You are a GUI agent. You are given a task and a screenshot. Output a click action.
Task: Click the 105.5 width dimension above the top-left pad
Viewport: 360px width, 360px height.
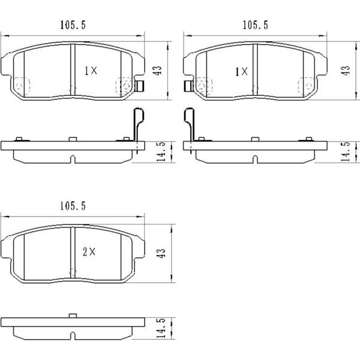point(73,25)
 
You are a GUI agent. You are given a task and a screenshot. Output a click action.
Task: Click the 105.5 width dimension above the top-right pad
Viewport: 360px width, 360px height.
point(256,25)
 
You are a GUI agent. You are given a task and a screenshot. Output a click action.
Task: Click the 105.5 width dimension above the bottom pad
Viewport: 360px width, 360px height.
point(73,206)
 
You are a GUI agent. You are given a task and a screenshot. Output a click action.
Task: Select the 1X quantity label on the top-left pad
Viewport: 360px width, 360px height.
point(91,71)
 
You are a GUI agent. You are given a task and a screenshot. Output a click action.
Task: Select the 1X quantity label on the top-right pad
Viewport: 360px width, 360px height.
point(242,72)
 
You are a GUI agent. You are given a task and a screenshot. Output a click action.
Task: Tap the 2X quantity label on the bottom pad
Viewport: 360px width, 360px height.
point(89,252)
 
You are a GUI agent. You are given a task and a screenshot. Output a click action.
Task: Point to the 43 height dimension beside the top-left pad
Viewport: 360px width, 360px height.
point(158,70)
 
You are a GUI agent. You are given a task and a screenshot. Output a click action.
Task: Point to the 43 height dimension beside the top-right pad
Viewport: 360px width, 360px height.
point(346,70)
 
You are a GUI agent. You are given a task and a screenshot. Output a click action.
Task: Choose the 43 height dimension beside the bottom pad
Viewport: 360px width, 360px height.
point(161,253)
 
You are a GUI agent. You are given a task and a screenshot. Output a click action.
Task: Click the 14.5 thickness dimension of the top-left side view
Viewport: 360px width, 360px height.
point(161,152)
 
